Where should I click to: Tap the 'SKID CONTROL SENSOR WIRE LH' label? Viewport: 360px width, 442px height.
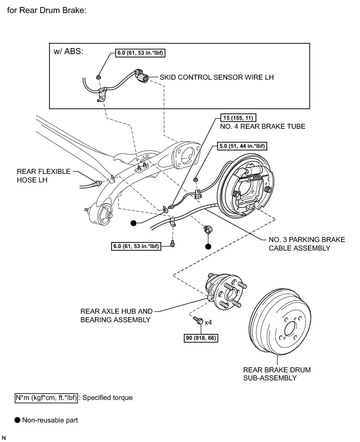pos(216,78)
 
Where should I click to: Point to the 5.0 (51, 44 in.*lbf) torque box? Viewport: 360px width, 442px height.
pos(241,146)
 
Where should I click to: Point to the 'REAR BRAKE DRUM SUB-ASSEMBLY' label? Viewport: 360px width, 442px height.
pos(276,374)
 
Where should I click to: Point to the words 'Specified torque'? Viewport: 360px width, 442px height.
pos(107,398)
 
